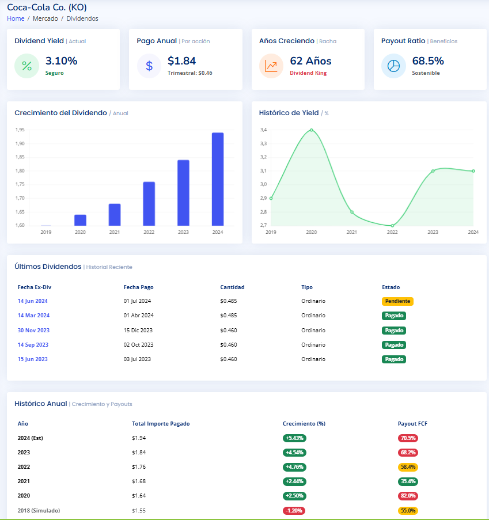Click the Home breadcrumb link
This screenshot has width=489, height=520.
(16, 18)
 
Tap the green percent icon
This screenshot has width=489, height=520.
(27, 66)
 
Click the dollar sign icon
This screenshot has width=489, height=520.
(149, 66)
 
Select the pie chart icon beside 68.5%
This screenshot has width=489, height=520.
(393, 66)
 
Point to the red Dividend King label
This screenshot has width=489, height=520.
(308, 73)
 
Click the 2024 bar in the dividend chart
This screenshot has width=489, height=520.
(218, 179)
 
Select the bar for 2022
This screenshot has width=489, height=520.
(149, 204)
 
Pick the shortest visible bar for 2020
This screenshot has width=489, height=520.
(80, 220)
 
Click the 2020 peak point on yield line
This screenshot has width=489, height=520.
(312, 130)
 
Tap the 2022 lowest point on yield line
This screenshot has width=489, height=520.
(392, 226)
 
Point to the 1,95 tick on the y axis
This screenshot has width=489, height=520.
(20, 130)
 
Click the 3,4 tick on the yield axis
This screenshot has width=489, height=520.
(263, 130)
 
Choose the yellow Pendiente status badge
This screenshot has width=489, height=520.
(397, 301)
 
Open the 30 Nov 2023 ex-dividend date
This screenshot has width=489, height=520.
(33, 331)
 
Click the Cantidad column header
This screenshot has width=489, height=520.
(232, 287)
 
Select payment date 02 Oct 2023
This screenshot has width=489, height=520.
(138, 345)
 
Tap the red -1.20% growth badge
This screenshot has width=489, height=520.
(294, 511)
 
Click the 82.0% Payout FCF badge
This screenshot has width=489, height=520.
(408, 496)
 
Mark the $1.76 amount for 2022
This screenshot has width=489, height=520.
(139, 467)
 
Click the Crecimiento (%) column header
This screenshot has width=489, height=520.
(304, 424)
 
